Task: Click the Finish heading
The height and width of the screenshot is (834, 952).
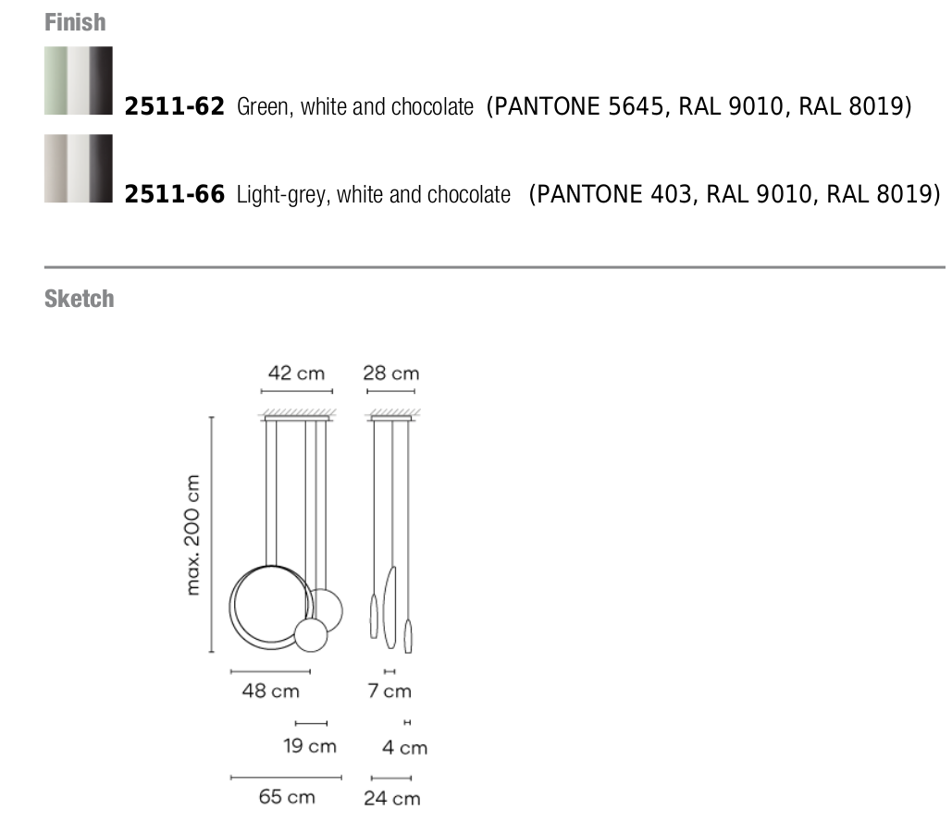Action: coord(75,22)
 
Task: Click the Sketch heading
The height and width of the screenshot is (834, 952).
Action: coord(79,299)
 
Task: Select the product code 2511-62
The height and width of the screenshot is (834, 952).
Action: coord(174,106)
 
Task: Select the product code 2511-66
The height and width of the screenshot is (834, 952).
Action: coord(174,194)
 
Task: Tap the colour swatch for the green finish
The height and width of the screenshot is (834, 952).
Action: coord(79,80)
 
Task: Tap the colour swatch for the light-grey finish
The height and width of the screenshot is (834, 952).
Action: coord(79,168)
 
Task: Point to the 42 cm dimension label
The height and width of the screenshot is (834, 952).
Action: coord(296,373)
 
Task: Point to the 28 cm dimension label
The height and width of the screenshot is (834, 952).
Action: coord(391,373)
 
